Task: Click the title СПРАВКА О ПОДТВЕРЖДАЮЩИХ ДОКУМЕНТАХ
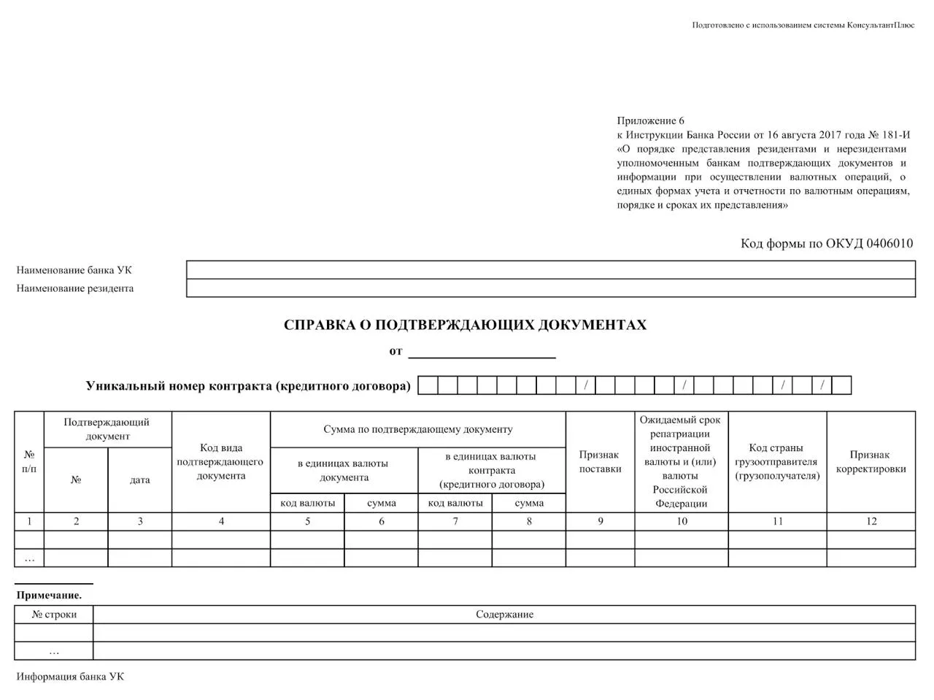coord(465,325)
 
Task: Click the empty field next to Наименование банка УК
coord(551,270)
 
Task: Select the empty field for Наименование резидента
coord(551,288)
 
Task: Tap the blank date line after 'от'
coord(482,352)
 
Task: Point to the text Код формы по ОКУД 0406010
coord(826,244)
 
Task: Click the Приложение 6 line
coord(651,121)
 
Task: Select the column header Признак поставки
coord(600,461)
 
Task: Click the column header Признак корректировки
coord(871,461)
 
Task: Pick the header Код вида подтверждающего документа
coord(221,461)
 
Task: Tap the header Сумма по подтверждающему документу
coord(417,429)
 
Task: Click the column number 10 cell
coord(682,521)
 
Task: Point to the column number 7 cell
coord(455,521)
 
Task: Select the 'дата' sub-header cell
coord(140,480)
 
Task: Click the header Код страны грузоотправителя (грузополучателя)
coord(777,461)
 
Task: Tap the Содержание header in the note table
coord(504,615)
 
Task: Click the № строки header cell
coord(54,615)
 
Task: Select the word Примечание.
coord(49,596)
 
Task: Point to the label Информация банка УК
coord(70,677)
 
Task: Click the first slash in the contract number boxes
coord(586,385)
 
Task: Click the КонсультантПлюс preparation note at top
coord(803,25)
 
